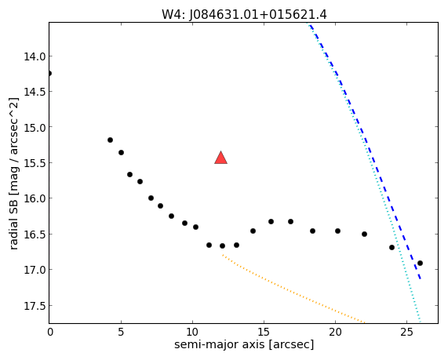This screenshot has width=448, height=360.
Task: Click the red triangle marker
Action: [x=220, y=158]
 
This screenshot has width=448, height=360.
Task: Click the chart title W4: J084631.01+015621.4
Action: [x=244, y=15]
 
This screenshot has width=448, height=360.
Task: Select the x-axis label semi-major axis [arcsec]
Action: [x=244, y=344]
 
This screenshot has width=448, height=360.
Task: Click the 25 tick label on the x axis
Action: [x=407, y=333]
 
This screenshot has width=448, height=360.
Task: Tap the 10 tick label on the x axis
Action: [x=192, y=333]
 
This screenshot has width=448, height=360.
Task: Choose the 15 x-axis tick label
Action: [x=264, y=333]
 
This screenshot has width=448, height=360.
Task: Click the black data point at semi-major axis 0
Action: [x=49, y=74]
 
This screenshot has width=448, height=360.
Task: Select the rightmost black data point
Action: [x=420, y=264]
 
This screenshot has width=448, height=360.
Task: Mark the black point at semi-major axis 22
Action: [x=364, y=234]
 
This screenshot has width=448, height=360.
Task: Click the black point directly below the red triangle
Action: [x=222, y=245]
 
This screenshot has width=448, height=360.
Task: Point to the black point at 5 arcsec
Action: [x=121, y=153]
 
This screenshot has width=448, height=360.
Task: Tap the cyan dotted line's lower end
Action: [x=420, y=322]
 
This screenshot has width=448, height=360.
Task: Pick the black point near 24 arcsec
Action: [x=392, y=247]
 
